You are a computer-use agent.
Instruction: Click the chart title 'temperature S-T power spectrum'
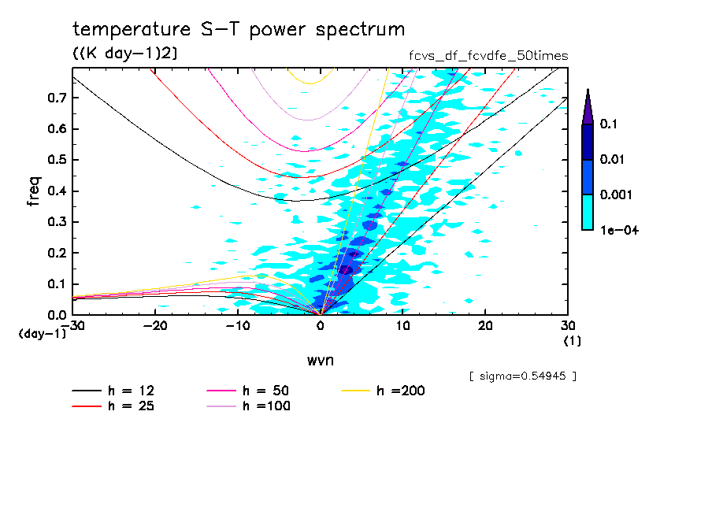[x=239, y=30]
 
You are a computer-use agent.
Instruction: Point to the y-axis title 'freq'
[x=34, y=191]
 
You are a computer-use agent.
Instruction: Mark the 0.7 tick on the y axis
[x=55, y=98]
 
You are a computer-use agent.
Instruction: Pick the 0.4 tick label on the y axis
[x=55, y=191]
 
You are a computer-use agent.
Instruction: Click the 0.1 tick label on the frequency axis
[x=55, y=283]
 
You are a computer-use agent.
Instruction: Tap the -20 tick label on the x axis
[x=155, y=326]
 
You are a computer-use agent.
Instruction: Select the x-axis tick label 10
[x=402, y=326]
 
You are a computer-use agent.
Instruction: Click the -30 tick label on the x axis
[x=72, y=326]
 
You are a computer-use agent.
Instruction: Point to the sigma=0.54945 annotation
[x=522, y=376]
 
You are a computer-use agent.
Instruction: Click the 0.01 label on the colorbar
[x=612, y=159]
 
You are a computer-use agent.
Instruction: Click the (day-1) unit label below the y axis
[x=42, y=334]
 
